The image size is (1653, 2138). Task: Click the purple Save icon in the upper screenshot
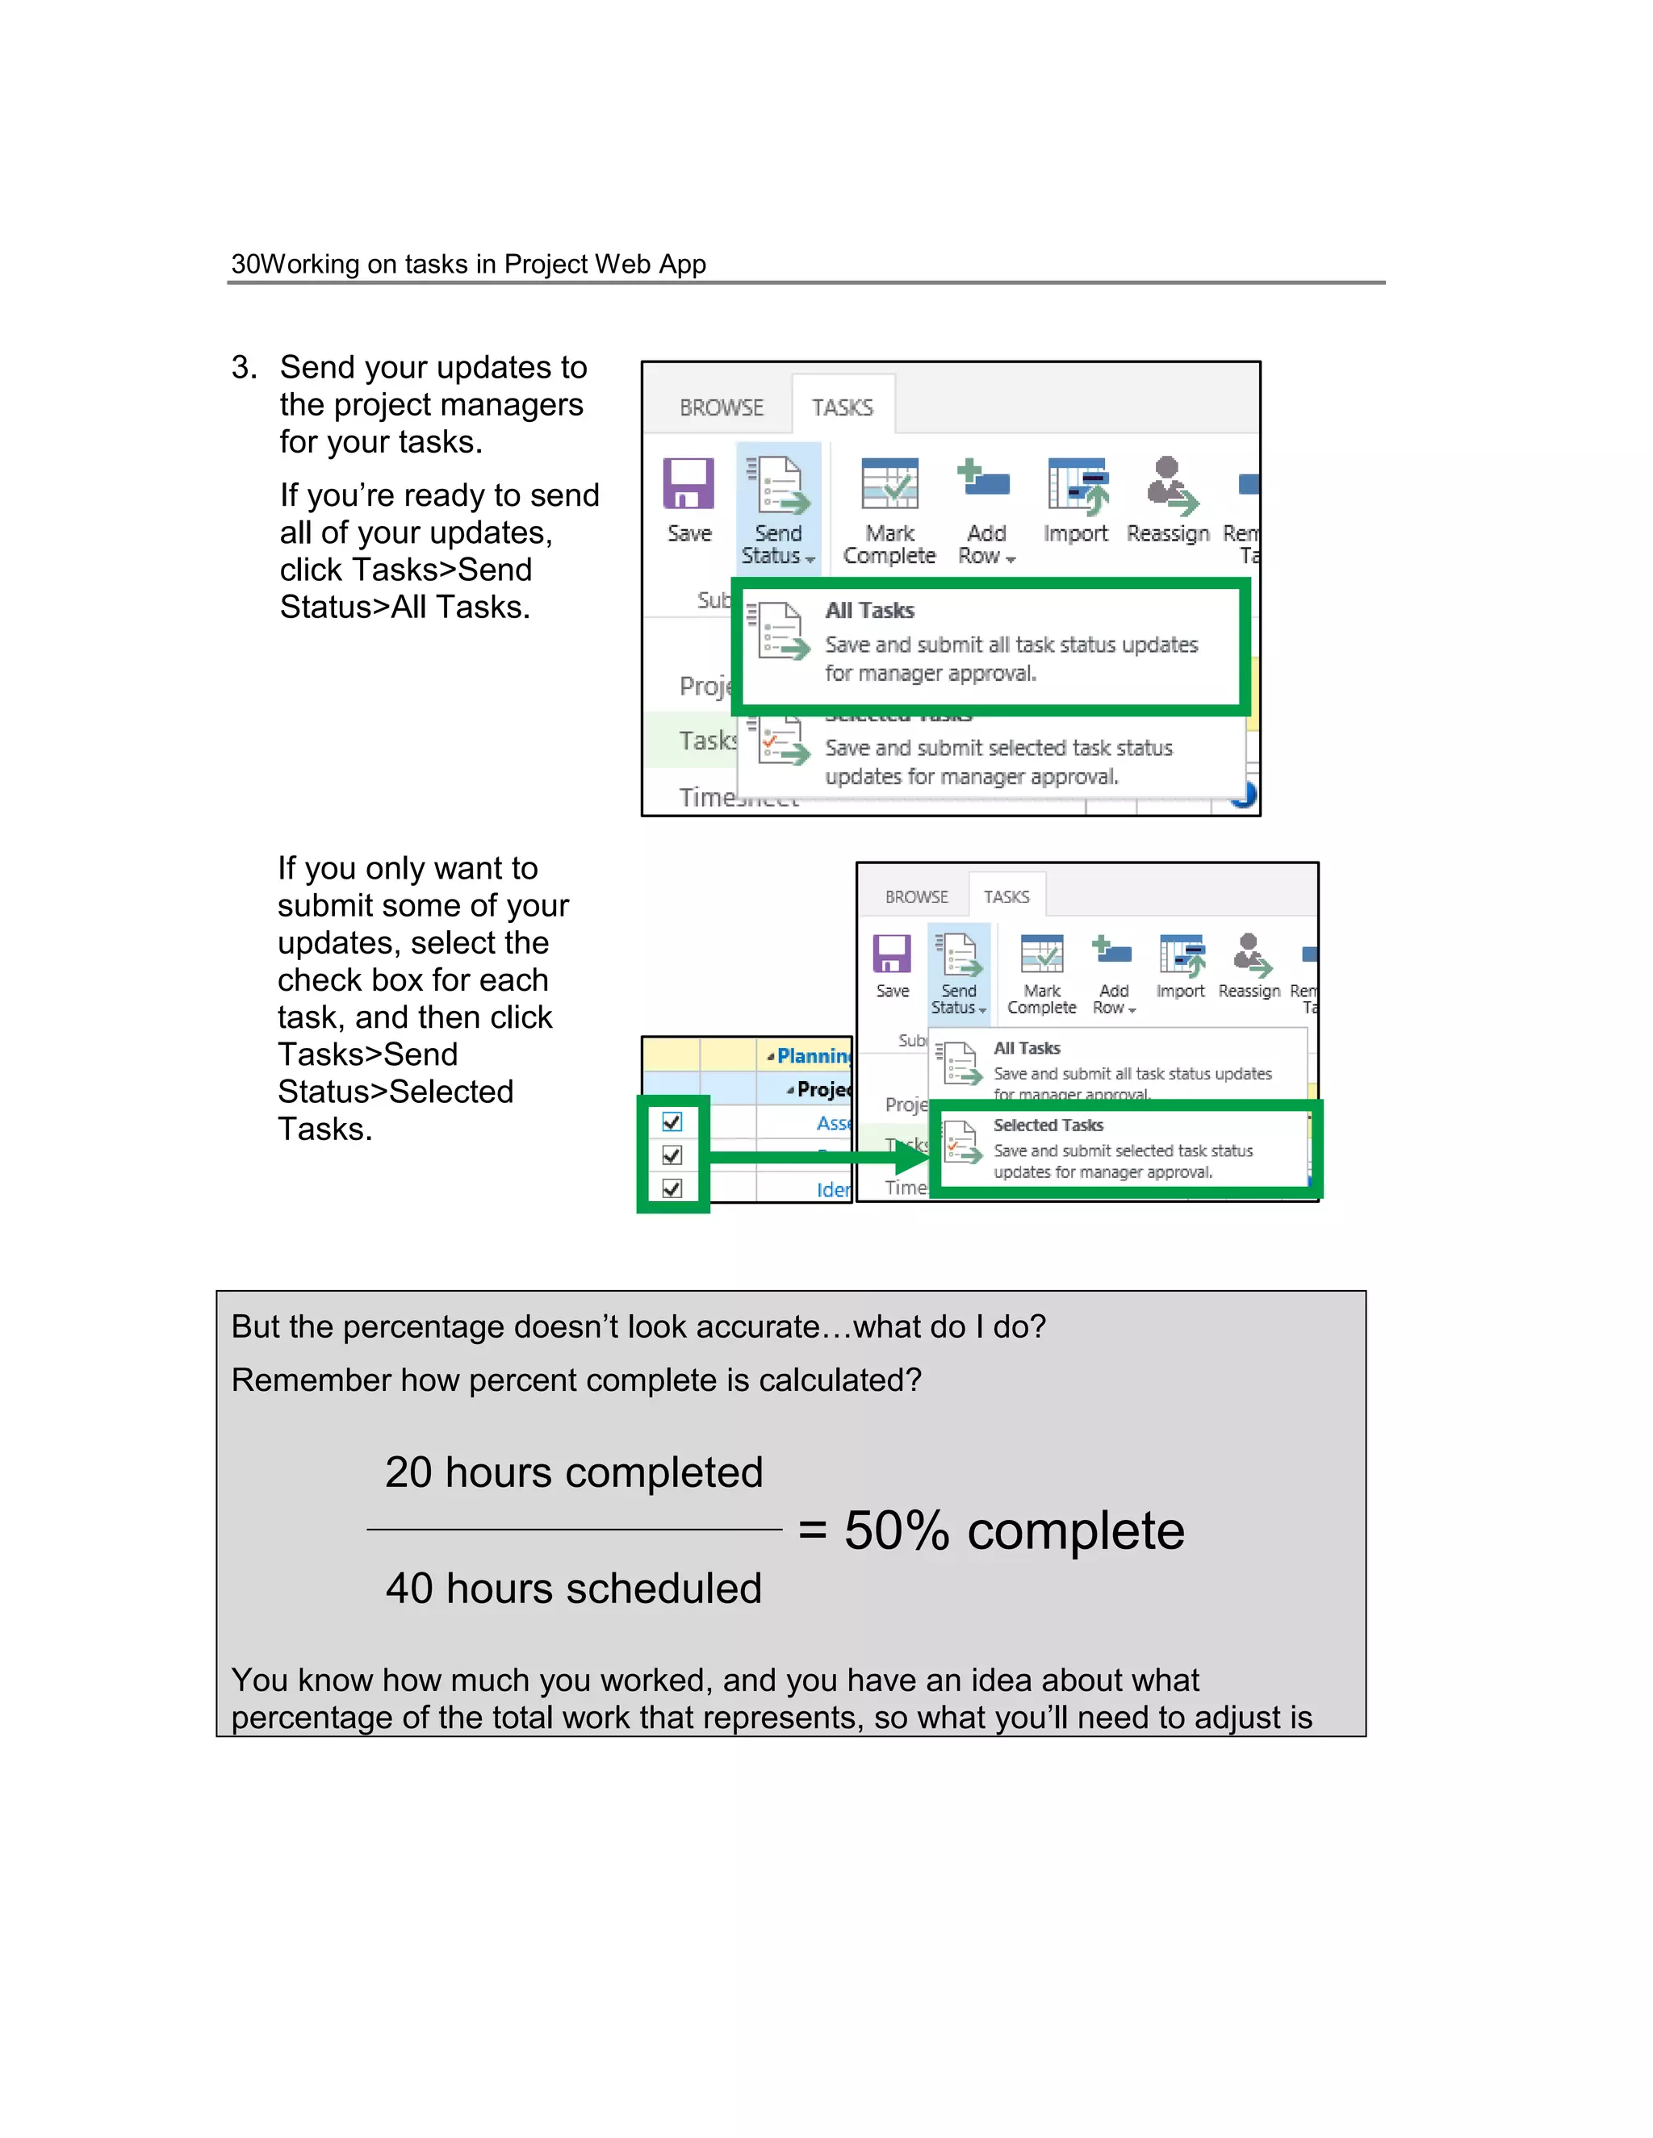coord(688,483)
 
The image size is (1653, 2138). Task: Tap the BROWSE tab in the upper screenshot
coord(721,407)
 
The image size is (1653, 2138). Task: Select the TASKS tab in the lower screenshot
coord(1006,896)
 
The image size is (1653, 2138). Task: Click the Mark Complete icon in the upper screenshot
coord(889,483)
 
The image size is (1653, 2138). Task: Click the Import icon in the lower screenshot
coord(1181,955)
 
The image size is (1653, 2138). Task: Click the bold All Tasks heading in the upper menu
coord(869,611)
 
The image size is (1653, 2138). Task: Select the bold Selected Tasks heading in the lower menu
coord(1048,1125)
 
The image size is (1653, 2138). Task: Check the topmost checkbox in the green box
coord(672,1122)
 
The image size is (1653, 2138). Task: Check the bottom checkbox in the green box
coord(672,1188)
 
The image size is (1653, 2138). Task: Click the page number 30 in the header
coord(245,265)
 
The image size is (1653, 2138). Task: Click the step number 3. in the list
coord(244,368)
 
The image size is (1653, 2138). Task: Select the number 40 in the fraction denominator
coord(408,1588)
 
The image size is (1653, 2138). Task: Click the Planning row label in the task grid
coord(813,1056)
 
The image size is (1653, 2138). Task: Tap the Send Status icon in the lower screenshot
coord(959,955)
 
